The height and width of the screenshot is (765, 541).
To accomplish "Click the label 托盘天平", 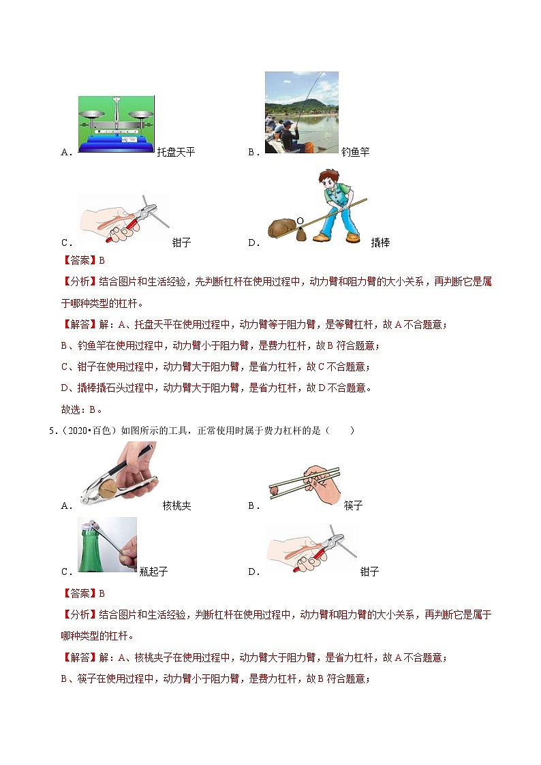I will pos(176,152).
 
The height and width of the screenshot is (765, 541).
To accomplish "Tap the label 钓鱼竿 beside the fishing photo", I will pos(355,152).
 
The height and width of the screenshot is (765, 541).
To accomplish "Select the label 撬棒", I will pos(380,243).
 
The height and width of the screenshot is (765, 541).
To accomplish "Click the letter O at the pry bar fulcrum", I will pos(300,221).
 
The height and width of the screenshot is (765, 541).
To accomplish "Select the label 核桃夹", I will pos(176,505).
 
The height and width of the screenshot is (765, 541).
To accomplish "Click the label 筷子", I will pos(353,505).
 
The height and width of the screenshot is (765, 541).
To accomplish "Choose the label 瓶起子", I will pos(153,572).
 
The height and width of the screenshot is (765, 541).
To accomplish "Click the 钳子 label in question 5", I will pos(369,572).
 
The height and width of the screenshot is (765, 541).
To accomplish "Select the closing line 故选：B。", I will pos(82,409).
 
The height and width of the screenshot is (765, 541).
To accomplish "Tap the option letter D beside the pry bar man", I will pos(254,243).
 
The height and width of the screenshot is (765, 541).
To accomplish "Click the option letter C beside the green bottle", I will pos(66,572).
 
